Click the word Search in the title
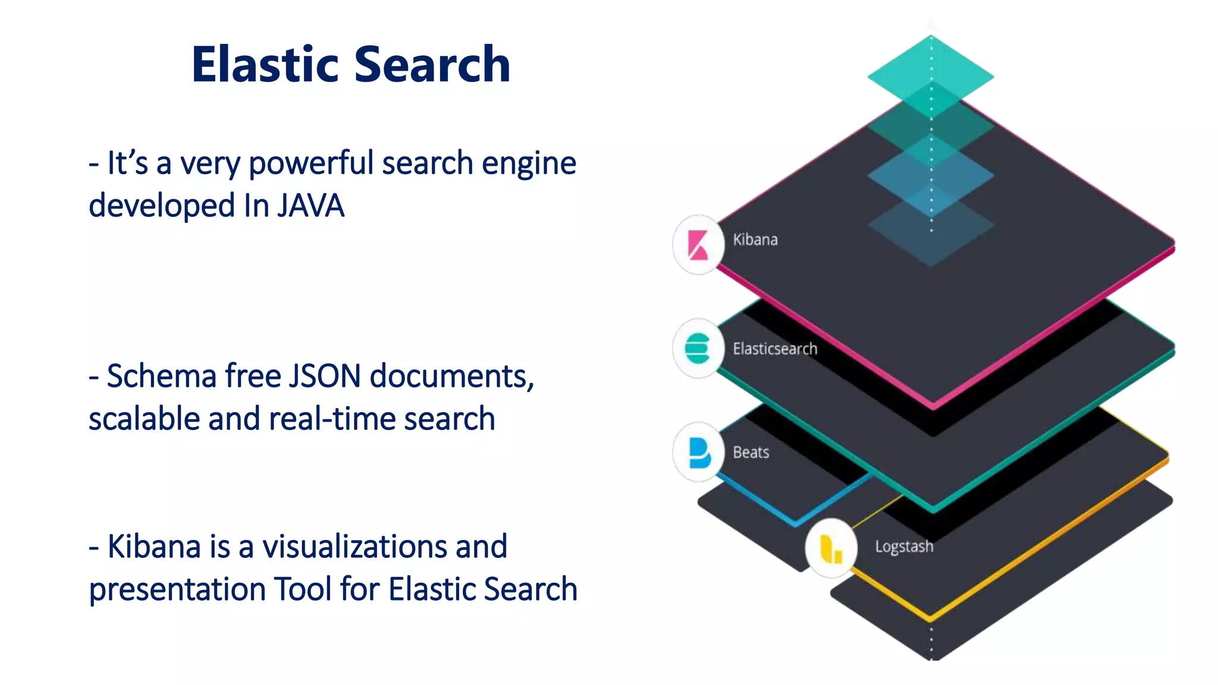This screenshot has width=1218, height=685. pos(432,64)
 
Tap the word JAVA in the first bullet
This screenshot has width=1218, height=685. pos(310,206)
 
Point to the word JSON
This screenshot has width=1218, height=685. pos(325,376)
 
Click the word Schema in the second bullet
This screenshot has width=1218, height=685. pos(161,376)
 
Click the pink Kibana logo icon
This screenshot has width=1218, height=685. pos(698,245)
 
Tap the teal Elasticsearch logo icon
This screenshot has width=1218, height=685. pos(698,348)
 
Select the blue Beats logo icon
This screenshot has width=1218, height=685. pos(699,453)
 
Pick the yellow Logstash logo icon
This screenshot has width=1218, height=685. pos(831,548)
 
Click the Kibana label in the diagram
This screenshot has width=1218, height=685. pos(755,240)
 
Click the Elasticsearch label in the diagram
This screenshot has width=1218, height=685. pos(775,348)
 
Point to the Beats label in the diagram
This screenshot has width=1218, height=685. pos(751,453)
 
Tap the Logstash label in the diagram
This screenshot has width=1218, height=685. pos(904,546)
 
